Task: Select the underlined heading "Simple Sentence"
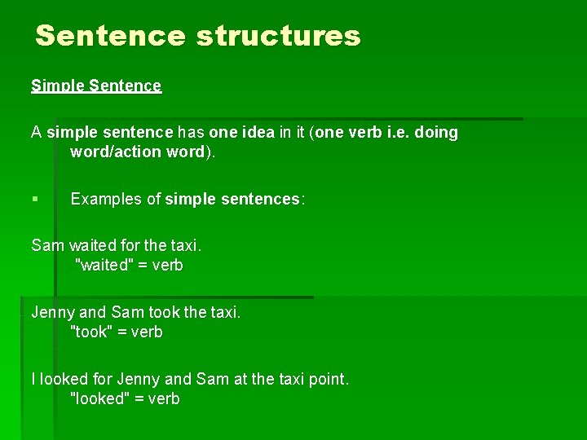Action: coord(96,86)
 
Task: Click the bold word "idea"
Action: coord(257,132)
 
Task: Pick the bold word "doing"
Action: coord(436,132)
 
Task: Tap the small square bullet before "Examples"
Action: coord(34,199)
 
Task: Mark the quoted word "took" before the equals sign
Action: coord(90,332)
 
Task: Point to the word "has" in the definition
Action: coord(191,132)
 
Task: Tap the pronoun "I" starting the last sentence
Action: coord(33,379)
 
